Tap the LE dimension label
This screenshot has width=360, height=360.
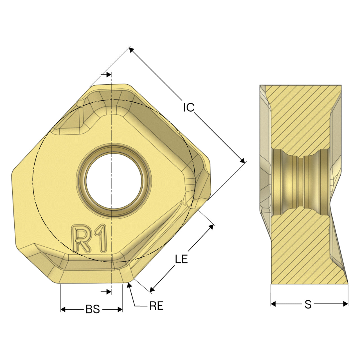click(181, 259)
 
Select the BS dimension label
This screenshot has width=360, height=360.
click(93, 309)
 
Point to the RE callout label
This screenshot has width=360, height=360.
click(156, 306)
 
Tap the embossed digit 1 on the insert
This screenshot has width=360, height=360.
click(100, 238)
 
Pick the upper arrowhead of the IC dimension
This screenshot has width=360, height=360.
click(131, 50)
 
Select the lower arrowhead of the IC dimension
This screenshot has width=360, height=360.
click(242, 161)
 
